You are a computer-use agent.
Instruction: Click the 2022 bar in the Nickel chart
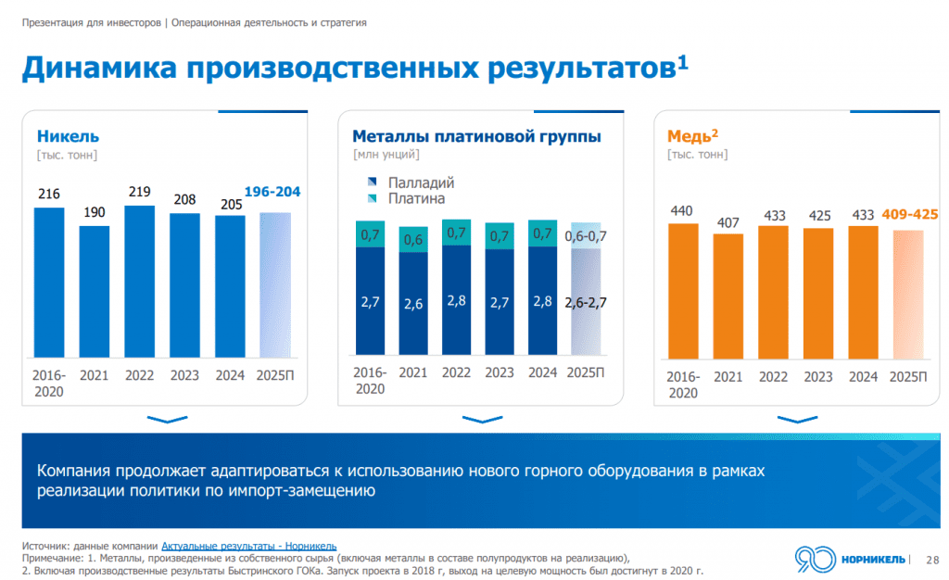point(139,282)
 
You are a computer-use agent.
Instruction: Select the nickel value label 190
point(94,213)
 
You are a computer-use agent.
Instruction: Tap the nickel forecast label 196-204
point(272,192)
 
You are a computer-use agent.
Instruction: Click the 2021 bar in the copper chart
point(728,296)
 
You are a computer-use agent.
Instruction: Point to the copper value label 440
point(683,210)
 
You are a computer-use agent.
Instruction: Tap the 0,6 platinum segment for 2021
point(413,240)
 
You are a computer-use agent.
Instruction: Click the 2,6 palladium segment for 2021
point(413,304)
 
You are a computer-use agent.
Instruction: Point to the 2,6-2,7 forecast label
point(585,302)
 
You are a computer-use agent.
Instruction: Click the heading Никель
point(68,137)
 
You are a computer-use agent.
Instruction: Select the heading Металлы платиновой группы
point(477,137)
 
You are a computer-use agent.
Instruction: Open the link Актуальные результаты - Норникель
point(249,546)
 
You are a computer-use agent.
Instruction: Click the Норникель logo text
point(873,558)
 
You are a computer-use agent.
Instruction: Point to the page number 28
point(932,559)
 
